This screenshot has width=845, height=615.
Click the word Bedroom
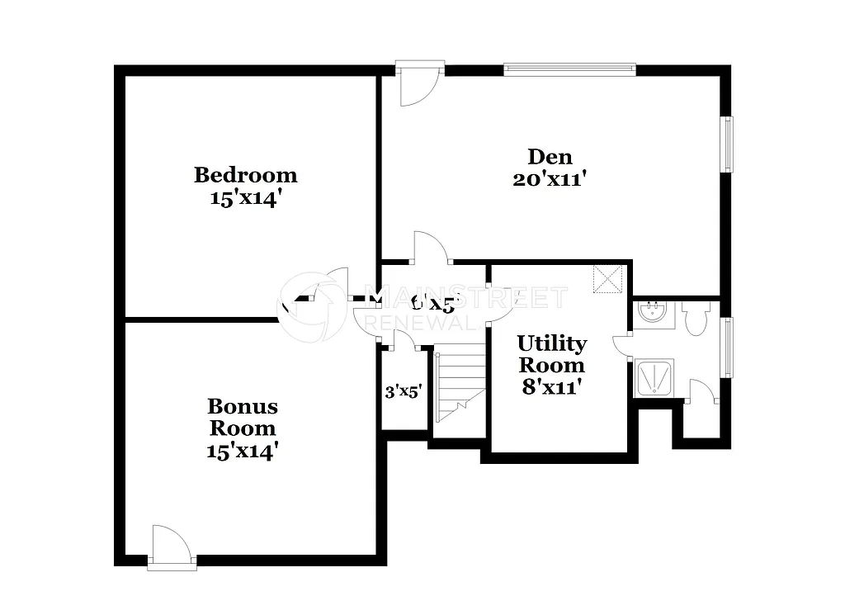[245, 175]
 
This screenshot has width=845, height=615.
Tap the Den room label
[550, 156]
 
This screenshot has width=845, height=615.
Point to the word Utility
[551, 343]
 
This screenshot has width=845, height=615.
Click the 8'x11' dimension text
[552, 386]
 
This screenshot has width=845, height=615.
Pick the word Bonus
[242, 406]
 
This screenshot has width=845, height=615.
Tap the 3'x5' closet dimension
[404, 391]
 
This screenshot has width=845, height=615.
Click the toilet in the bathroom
[695, 317]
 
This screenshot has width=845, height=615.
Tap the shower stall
[654, 377]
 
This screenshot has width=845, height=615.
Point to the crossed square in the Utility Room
[608, 278]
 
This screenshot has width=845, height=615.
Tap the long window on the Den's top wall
[569, 67]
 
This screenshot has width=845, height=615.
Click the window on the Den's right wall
[727, 144]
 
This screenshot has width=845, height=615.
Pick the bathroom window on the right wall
[727, 347]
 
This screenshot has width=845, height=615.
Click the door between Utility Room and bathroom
[624, 345]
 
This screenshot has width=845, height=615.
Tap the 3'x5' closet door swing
[402, 340]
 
